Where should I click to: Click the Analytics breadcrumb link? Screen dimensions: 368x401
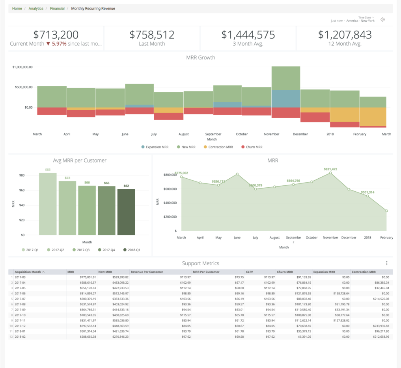coord(36,8)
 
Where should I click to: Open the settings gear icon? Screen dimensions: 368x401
coord(382,20)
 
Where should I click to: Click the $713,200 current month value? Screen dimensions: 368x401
coord(56,35)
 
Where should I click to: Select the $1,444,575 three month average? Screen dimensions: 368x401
coord(248,35)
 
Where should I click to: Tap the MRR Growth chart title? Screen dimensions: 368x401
coord(200,57)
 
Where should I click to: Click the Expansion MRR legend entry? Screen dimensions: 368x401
coord(157,147)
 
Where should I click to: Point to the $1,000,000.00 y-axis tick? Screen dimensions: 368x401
coord(22,67)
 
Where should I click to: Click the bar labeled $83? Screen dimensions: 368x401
coord(48,203)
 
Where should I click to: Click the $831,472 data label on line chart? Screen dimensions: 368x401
coord(330,169)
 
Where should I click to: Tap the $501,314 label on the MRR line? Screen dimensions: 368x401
coord(367,192)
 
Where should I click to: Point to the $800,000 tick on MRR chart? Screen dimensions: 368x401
coord(170,175)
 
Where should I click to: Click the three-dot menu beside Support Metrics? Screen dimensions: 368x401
coord(386,263)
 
